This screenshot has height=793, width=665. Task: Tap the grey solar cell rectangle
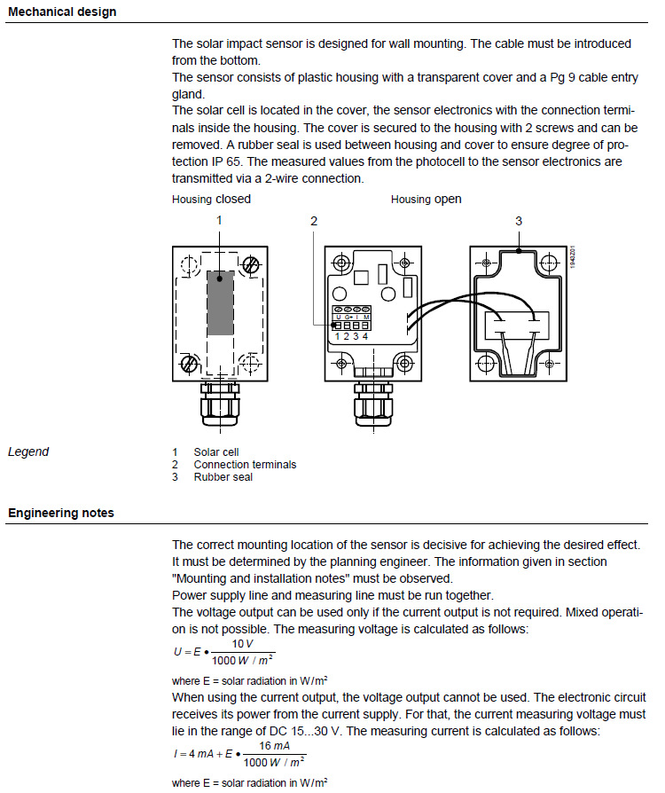coord(220,303)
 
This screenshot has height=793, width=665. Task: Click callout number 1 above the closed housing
coord(219,220)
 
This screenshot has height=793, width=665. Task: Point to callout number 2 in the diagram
coord(314,220)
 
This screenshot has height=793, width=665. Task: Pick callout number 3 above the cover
coord(519,220)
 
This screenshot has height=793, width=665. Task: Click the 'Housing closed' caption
coord(211,200)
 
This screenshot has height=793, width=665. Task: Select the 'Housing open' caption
coord(426,200)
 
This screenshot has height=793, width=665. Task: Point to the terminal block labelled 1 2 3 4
coord(351,321)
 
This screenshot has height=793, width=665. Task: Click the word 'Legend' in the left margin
coord(28,452)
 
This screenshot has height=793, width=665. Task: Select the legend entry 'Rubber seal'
coord(223,477)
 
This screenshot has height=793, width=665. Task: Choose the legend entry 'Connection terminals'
coord(245,465)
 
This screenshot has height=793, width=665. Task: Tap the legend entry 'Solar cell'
coord(216,452)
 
